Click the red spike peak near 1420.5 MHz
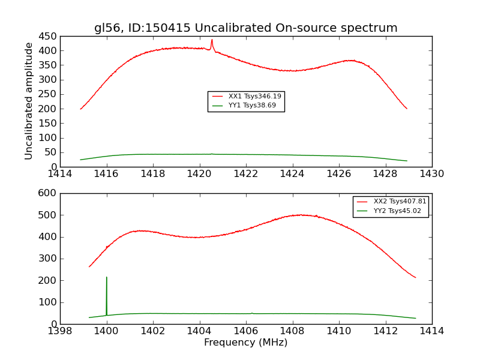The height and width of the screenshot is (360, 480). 212,40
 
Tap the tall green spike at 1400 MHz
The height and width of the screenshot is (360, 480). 107,278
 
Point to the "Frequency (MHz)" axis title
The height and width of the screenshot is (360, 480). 245,343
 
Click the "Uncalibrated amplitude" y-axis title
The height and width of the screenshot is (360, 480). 29,101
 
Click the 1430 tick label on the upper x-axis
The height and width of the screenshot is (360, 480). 431,174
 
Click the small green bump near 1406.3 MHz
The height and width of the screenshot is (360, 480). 252,313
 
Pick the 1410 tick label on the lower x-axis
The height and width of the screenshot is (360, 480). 338,331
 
